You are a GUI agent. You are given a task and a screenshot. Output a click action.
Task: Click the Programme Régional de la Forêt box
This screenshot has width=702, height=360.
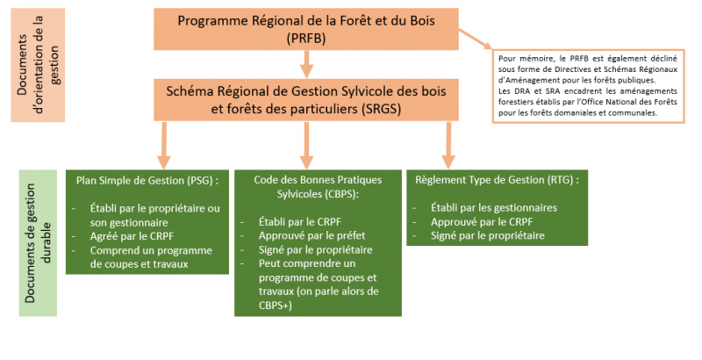306,29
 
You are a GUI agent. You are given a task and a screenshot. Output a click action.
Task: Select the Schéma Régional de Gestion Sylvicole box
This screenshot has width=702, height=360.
306,100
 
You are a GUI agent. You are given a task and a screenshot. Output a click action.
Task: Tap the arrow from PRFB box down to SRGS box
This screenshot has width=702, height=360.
306,64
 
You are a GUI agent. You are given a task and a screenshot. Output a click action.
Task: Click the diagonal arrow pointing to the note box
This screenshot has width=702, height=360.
475,40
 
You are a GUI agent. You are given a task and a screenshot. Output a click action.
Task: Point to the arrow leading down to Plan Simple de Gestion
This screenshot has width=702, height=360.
164,145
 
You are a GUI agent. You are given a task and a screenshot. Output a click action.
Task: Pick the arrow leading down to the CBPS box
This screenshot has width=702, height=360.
306,145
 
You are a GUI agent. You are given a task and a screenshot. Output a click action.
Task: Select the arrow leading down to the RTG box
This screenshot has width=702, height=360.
448,145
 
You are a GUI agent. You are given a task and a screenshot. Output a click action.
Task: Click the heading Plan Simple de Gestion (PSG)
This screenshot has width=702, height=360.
147,181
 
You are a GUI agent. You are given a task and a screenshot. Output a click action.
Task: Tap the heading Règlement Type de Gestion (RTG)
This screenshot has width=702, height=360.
497,180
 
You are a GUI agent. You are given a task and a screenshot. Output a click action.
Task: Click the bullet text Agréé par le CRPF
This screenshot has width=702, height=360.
132,236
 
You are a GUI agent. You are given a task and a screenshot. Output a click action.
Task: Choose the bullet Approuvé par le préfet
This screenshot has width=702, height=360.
312,235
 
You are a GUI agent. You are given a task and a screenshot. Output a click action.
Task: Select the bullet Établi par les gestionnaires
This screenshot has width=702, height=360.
494,208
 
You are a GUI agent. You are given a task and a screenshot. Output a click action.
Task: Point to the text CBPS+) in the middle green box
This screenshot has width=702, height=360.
275,306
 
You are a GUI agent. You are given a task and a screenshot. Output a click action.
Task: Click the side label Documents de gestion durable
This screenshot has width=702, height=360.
38,243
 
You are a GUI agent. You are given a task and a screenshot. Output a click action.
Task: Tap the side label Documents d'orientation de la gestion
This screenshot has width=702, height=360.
38,65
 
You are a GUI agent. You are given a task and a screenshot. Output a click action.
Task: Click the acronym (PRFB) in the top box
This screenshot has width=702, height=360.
306,39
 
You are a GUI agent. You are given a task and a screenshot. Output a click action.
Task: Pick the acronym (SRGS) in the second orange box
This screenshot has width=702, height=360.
381,109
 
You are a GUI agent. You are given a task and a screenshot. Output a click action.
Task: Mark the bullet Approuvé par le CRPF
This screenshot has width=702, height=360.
482,221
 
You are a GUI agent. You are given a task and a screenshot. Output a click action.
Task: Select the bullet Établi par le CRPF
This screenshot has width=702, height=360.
300,221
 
